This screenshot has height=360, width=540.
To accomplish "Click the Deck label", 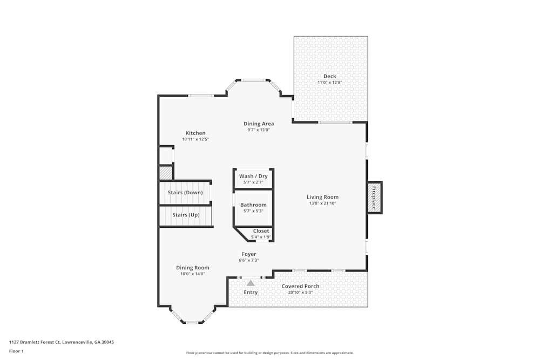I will (329, 76).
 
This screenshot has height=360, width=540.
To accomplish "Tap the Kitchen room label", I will (195, 133).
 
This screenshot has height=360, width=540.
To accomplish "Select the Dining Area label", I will (259, 124).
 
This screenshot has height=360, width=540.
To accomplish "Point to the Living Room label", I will (322, 197).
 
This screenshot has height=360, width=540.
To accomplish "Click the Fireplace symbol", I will (374, 198).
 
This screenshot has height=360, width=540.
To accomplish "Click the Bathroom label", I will (253, 205).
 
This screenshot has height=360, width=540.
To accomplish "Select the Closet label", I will (261, 231).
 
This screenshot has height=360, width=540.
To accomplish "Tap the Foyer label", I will (249, 254).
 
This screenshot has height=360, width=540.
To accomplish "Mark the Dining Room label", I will (193, 268).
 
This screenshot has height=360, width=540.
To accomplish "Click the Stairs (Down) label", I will (185, 193).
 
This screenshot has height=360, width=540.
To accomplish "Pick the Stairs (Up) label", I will (186, 215).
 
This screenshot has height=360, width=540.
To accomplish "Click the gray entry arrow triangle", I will (251, 283).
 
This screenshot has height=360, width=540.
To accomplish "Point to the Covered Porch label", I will (300, 286).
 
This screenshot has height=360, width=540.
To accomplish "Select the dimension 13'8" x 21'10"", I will (322, 203).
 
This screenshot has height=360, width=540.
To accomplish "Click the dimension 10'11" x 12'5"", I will (195, 139).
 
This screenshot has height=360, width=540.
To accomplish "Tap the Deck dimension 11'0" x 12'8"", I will (329, 83).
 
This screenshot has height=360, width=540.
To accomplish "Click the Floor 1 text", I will (17, 351).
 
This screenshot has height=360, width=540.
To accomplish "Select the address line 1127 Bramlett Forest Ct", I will (62, 342).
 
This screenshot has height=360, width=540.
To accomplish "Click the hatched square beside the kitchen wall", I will (165, 173).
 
